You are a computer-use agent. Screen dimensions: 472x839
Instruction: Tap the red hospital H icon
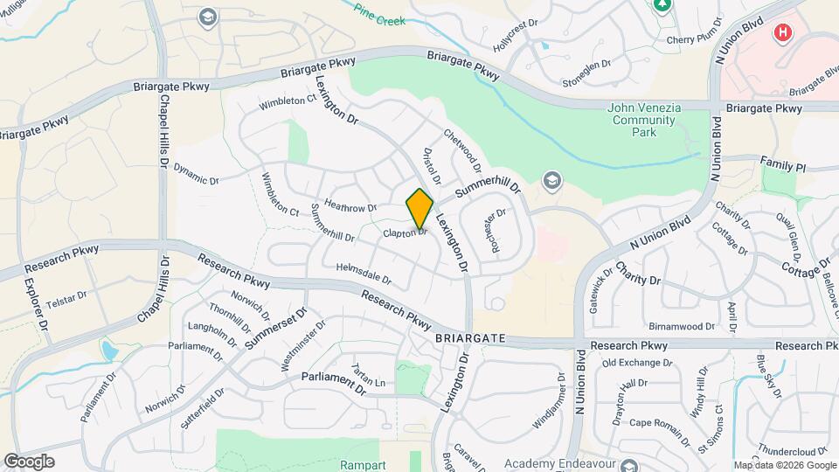[783, 33]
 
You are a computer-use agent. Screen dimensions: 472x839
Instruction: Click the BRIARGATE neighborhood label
[469, 337]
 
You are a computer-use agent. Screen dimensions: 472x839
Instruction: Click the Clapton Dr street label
[405, 233]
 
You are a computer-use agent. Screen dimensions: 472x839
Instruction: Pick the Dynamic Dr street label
[196, 174]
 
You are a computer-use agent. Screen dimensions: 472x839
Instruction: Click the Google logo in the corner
[29, 461]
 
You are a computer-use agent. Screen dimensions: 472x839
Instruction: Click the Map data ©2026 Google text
[784, 465]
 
